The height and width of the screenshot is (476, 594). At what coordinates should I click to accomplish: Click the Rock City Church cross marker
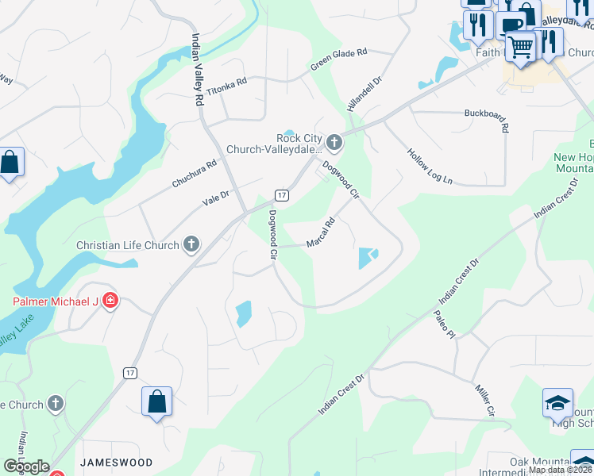334,144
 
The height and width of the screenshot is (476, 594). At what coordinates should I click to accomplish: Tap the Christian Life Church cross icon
191,244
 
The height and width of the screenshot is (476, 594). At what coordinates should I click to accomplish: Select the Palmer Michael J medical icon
110,301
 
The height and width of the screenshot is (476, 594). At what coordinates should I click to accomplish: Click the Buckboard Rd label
486,121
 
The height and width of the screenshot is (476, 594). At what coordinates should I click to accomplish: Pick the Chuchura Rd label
195,175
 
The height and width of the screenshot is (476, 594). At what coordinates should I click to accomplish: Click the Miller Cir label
484,401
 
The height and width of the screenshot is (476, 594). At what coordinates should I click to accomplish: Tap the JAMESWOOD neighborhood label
116,462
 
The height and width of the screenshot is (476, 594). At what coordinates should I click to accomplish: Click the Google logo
25,466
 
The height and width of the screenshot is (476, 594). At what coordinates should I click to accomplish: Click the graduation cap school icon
557,403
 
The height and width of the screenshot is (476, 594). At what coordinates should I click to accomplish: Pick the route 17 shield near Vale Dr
281,194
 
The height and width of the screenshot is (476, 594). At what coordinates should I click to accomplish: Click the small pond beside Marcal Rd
368,258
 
